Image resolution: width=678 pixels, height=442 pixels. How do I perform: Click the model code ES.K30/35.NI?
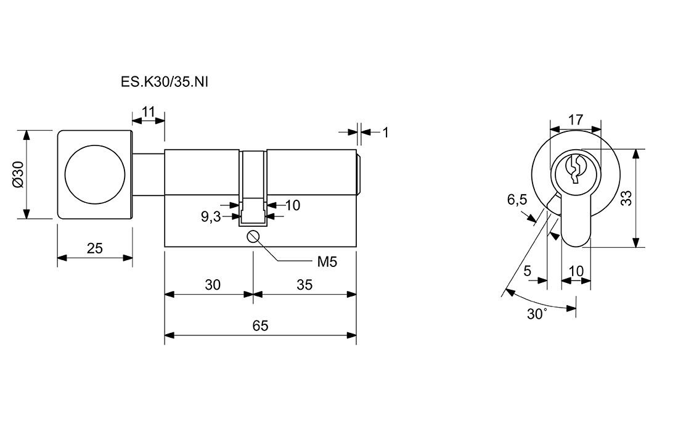[x=165, y=82]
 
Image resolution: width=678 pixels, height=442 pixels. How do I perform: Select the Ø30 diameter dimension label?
[x=18, y=174]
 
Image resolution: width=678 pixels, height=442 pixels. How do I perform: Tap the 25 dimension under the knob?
[x=94, y=248]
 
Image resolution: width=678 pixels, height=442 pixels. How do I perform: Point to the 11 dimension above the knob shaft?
[x=149, y=112]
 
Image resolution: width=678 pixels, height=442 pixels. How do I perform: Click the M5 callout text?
[x=327, y=262]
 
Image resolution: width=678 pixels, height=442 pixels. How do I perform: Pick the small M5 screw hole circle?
[x=253, y=237]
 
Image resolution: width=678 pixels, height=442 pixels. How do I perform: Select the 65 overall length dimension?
[x=260, y=325]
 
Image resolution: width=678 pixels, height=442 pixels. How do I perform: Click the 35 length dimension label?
[x=304, y=285]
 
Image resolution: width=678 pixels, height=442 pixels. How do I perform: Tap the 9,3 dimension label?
[x=211, y=216]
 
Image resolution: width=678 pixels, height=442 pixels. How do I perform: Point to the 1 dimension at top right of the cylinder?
[x=386, y=132]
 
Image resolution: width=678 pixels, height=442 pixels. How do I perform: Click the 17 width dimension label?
[x=575, y=120]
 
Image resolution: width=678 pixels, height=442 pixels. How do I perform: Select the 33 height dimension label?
[x=626, y=198]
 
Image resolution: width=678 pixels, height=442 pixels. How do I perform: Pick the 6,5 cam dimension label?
[x=517, y=200]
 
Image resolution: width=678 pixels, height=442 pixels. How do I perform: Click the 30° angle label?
[x=537, y=314]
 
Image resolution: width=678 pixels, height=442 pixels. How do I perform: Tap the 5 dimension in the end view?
[x=527, y=271]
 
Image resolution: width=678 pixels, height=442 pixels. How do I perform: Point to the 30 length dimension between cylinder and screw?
[x=213, y=285]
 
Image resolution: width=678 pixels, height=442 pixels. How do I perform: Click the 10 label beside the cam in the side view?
[x=292, y=205]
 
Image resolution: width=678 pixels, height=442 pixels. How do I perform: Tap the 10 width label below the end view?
[x=576, y=271]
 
